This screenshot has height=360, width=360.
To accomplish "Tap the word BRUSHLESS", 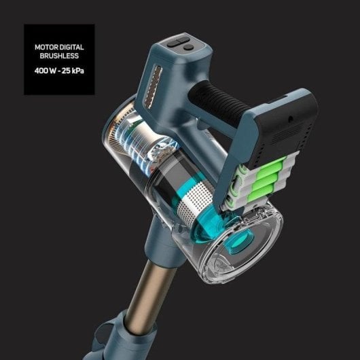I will point(59,57).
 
